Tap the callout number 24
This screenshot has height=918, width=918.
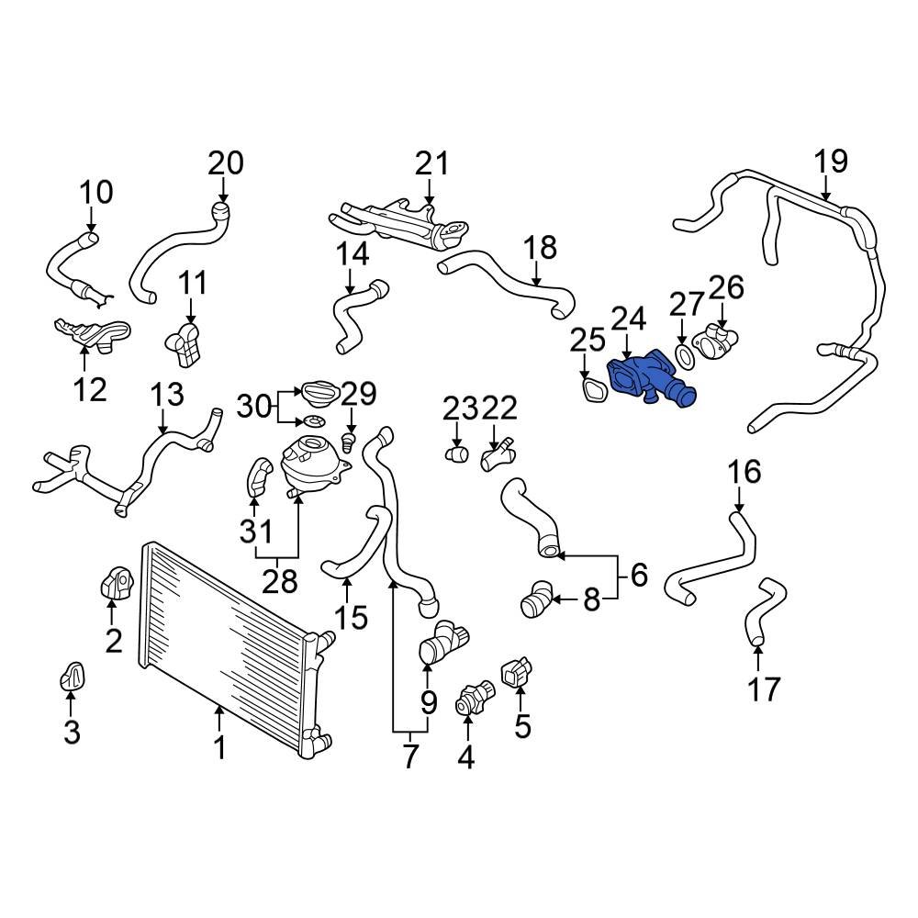629,319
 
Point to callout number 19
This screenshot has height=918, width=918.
832,162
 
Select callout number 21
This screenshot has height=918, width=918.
431,164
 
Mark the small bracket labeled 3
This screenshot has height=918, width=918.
73,677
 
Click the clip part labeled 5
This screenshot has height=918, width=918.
514,673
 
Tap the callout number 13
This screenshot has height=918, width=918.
167,396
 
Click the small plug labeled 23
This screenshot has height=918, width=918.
456,452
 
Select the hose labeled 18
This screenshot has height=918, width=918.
514,285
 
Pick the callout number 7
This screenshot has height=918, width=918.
409,756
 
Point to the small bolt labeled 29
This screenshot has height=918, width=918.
349,442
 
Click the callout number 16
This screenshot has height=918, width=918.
744,472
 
